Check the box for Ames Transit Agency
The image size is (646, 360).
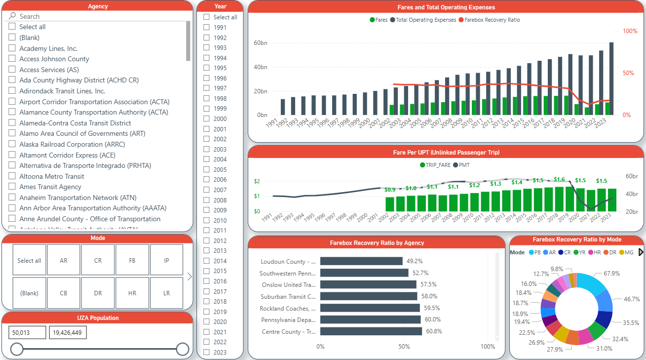click(x=12, y=187)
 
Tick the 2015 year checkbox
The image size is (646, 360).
click(x=207, y=271)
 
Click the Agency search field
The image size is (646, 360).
click(x=99, y=16)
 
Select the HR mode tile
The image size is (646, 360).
click(x=132, y=293)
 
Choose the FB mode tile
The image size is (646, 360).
click(x=132, y=260)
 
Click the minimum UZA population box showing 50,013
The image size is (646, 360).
click(x=27, y=333)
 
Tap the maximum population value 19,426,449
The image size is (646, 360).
click(x=68, y=333)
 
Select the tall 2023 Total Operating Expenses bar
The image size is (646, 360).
click(x=611, y=79)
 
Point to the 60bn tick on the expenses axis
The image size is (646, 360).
click(x=261, y=43)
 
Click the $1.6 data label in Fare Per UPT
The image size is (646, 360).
click(x=559, y=180)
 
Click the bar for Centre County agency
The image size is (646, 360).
click(x=371, y=331)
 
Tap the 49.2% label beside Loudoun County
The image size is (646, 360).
click(x=415, y=261)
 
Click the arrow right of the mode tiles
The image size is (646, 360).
click(x=189, y=277)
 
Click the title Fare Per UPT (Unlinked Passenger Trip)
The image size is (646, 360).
click(x=446, y=152)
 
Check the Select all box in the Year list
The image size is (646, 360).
click(x=207, y=17)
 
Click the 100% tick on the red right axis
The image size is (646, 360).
click(x=630, y=31)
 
